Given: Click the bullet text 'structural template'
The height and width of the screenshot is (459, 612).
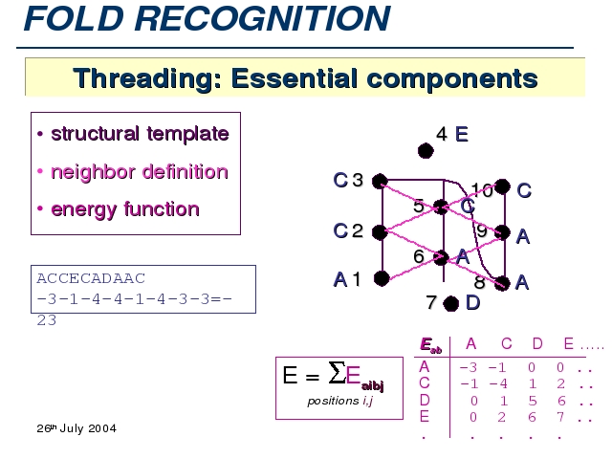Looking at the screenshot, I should (140, 134).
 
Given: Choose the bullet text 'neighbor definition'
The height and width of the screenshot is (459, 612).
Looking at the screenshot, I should (139, 172).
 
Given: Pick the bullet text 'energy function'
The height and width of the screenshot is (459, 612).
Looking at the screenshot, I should (124, 209).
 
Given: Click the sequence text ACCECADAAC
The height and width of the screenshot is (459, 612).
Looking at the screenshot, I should (90, 278).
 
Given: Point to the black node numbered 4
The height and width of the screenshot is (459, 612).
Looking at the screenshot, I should (426, 150).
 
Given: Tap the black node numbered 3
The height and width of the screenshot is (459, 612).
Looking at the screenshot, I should (380, 180).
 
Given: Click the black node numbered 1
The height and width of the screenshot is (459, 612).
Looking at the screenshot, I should (381, 278).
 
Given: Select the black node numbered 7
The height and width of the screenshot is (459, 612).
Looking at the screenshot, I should (451, 303).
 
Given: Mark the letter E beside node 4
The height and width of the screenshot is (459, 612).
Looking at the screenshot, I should (462, 135).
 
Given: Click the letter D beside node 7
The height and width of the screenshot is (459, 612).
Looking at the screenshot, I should (472, 303).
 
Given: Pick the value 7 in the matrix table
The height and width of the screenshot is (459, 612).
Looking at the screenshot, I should (563, 416).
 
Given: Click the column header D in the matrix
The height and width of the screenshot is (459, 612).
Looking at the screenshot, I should (536, 343).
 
